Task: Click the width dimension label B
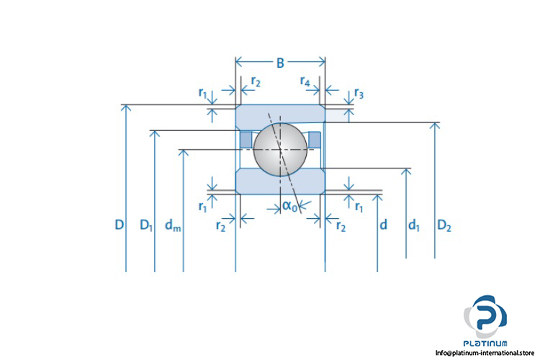coord(280,63)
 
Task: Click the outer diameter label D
coord(119,225)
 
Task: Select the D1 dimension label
coord(146,225)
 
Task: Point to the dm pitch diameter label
coord(173,225)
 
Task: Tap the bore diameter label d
coord(383,225)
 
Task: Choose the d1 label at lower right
coord(413,225)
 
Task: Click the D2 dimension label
coord(444,225)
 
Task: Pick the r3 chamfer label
coord(359,94)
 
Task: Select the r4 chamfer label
coord(305,82)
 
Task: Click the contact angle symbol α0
coord(289,206)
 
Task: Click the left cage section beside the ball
coord(246,138)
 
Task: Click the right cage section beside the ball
coord(315,138)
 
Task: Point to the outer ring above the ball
coord(280,114)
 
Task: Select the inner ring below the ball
coord(280,181)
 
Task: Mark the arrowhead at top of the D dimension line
coord(126,108)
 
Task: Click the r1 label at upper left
coord(202,94)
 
